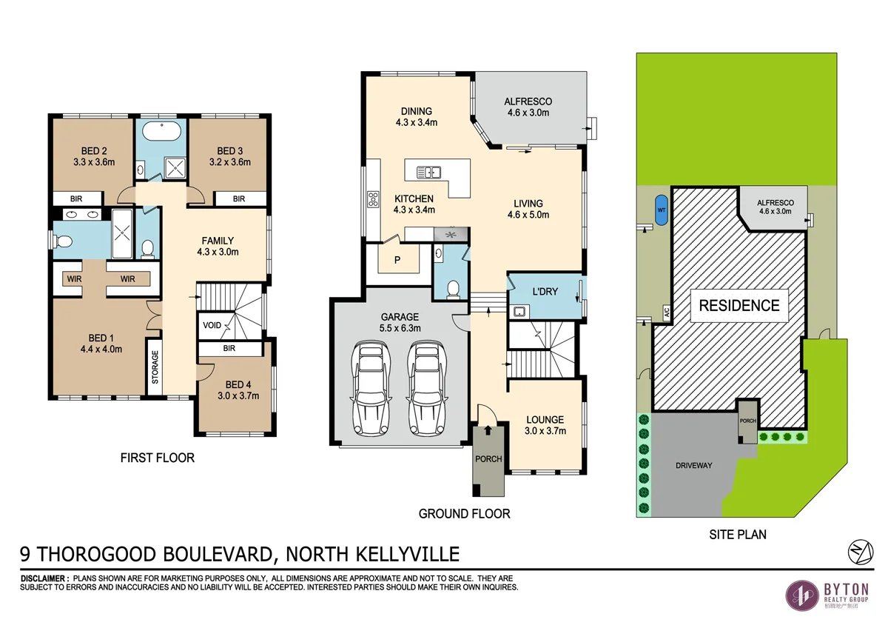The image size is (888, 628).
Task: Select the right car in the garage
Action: pyautogui.click(x=425, y=389)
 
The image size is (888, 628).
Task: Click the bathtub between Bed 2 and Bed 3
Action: pyautogui.click(x=161, y=134)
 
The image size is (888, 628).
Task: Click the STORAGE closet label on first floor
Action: pyautogui.click(x=155, y=367)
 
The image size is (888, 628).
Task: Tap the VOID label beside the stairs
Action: pyautogui.click(x=211, y=324)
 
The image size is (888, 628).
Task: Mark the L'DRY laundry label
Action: pyautogui.click(x=545, y=292)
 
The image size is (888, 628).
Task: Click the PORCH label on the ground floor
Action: pyautogui.click(x=488, y=459)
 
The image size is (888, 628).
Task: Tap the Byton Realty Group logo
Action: pyautogui.click(x=827, y=595)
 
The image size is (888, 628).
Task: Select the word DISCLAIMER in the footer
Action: pyautogui.click(x=44, y=578)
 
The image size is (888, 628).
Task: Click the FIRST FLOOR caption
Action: pyautogui.click(x=157, y=458)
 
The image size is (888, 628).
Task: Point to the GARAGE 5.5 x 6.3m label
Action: pyautogui.click(x=400, y=322)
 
